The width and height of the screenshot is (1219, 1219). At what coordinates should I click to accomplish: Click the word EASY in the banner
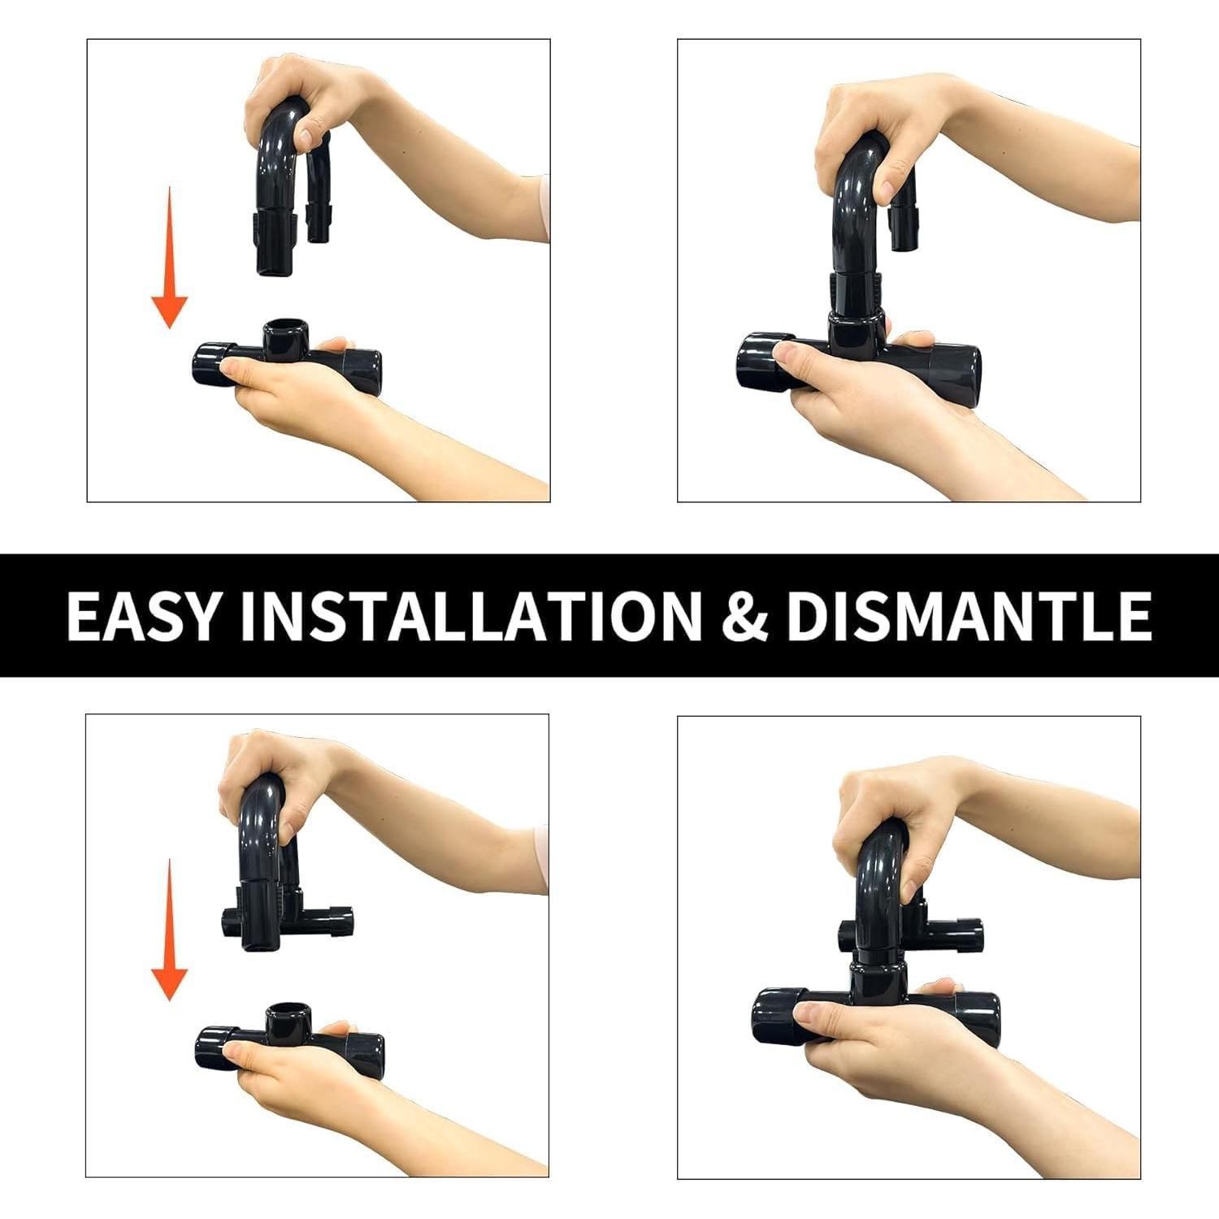pyautogui.click(x=143, y=615)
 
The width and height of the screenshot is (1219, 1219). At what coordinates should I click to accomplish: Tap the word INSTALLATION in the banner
pyautogui.click(x=470, y=615)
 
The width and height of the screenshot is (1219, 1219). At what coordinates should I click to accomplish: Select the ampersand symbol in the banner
pyautogui.click(x=744, y=615)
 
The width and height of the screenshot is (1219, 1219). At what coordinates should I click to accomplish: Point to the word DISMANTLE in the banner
pyautogui.click(x=968, y=615)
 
